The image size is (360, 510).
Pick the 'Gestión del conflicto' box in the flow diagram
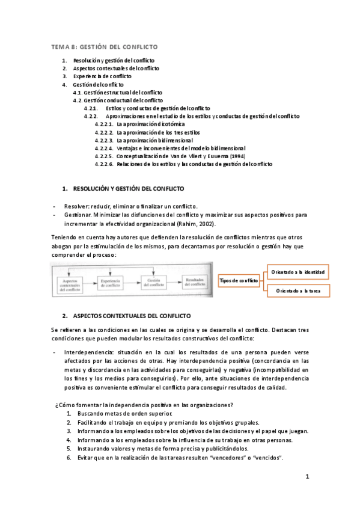[x=152, y=282]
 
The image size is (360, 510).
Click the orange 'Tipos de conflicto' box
[x=239, y=281]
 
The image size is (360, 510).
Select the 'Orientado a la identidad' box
[x=298, y=272]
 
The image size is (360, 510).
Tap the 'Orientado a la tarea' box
[x=298, y=291]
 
